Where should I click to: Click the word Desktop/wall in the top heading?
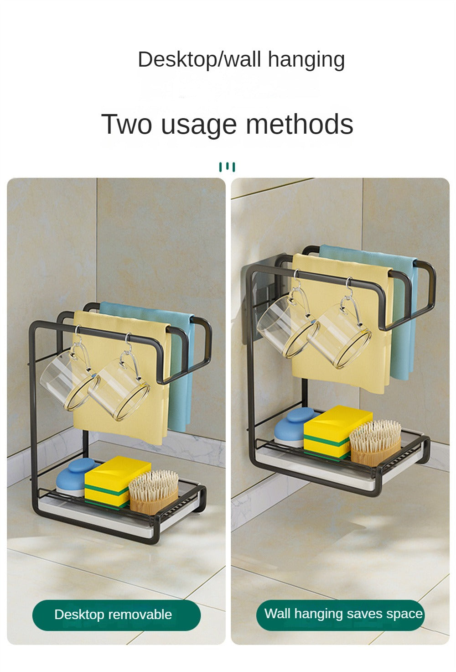(x=199, y=59)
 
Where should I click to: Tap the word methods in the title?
(x=299, y=124)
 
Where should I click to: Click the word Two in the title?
(x=126, y=124)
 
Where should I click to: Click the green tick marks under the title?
(x=227, y=167)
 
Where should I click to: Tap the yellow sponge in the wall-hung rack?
(x=337, y=432)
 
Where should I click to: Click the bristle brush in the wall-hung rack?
(x=375, y=443)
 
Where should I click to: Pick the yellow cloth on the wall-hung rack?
(x=342, y=324)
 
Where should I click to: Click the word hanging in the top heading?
(x=306, y=60)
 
